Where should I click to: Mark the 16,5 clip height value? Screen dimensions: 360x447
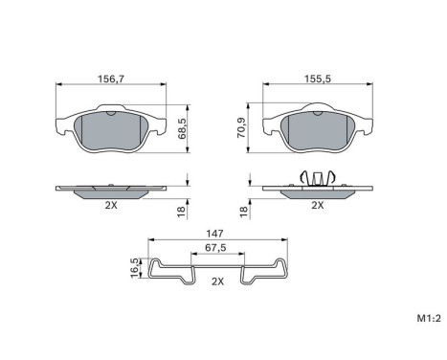135,269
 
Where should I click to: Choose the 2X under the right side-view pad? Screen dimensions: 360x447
317,204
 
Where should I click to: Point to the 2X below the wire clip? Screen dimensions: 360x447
216,281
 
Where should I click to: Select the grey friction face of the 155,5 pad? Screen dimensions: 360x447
318,132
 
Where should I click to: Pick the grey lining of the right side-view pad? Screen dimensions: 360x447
317,192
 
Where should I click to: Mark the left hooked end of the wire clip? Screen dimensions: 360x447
155,270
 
